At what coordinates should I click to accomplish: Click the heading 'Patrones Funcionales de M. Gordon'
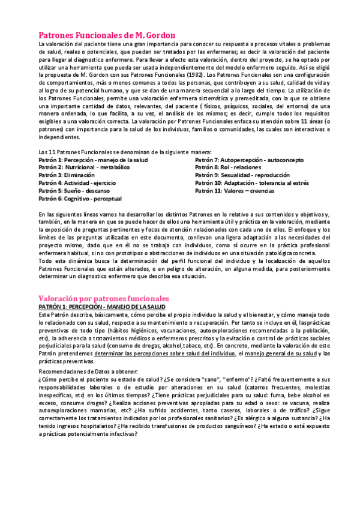coord(107,35)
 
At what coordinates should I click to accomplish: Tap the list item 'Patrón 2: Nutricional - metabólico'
coord(83,167)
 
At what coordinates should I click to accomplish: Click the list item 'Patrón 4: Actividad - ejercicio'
coord(78,182)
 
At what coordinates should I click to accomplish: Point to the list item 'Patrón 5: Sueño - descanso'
coord(74,190)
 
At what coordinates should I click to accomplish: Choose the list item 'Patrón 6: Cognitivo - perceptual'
coord(80,198)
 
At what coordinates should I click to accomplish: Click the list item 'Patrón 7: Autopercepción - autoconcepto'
coord(249,160)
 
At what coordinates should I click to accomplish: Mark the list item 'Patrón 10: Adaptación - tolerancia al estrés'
coord(252,182)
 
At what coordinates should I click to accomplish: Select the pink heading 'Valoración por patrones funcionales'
coord(104,298)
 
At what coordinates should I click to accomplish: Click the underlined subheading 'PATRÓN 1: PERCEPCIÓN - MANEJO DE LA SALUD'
coord(102,306)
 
